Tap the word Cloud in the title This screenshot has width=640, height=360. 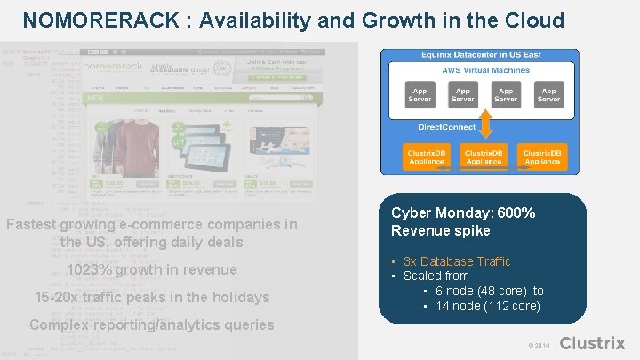[532, 20]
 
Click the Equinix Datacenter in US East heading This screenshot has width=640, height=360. [480, 55]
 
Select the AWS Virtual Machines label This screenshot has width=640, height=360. [485, 70]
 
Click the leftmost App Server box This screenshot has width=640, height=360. [420, 94]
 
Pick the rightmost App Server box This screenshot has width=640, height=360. [549, 94]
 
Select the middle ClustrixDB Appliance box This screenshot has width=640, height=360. [484, 157]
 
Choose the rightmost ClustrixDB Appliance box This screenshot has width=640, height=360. [541, 157]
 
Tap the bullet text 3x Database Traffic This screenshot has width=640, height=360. [457, 261]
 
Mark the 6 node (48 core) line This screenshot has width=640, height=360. [490, 291]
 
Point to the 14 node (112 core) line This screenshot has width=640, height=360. [488, 306]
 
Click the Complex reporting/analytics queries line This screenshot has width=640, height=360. [151, 324]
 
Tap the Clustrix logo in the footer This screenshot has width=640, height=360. [593, 343]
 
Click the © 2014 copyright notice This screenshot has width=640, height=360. [539, 345]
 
